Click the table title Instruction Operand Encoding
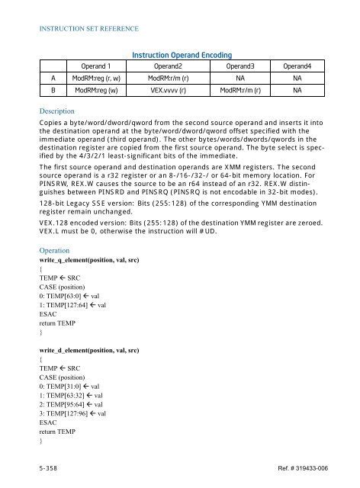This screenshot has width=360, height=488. coord(182,55)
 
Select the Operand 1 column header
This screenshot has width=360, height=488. coord(102,66)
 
